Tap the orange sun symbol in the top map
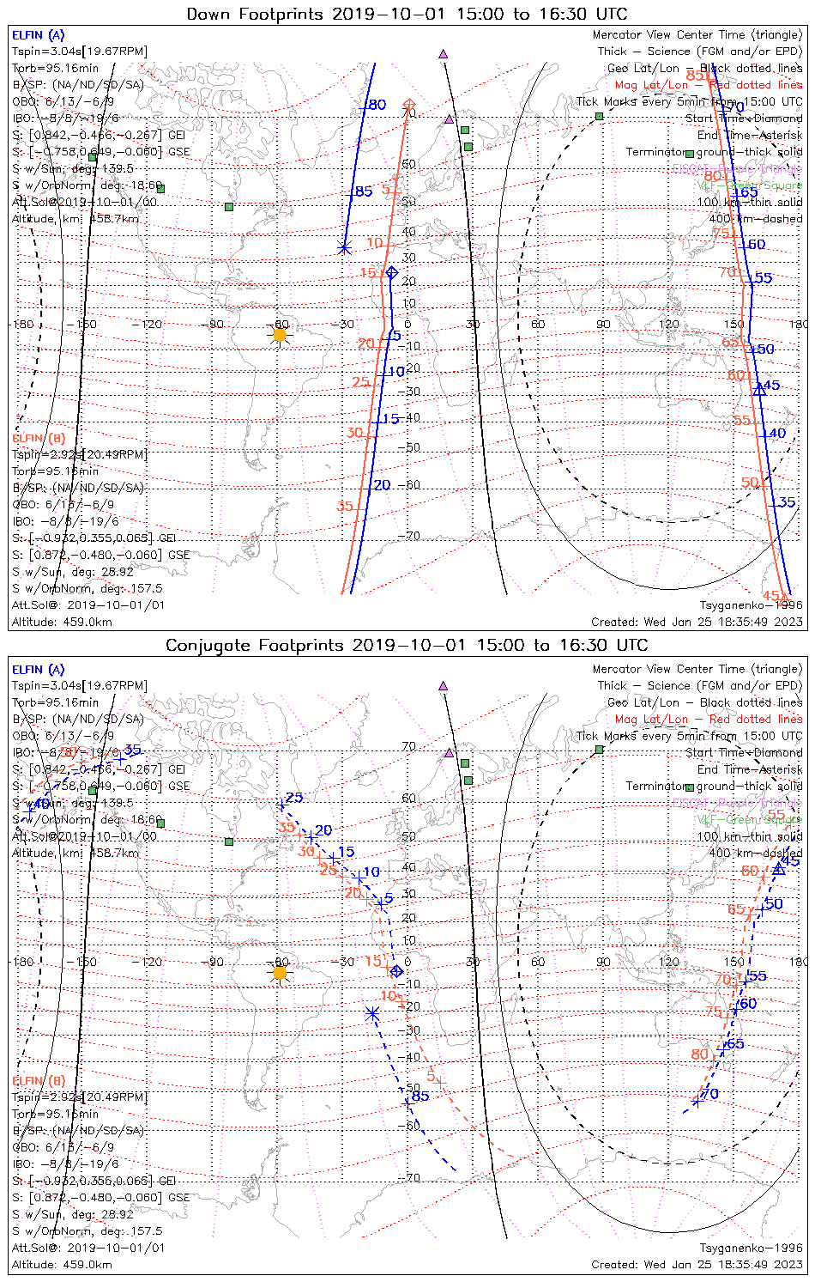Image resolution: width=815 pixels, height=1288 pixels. pos(279,334)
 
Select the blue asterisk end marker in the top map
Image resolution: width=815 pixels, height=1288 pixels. pos(344,249)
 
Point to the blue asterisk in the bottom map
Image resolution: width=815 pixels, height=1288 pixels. pos(371,1013)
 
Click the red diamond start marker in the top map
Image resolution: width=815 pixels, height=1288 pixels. pos(409,105)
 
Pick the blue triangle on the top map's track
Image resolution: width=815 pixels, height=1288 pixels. pos(758,388)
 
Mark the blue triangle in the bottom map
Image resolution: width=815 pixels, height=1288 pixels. pos(778,869)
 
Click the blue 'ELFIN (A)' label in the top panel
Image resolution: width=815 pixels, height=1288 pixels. pos(38,35)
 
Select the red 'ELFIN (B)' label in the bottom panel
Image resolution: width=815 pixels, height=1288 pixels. pos(38,1080)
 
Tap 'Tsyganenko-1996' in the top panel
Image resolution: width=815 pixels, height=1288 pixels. pos(751,605)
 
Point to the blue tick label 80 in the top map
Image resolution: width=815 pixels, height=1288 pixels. pos(377,105)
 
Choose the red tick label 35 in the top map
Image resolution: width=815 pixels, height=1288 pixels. pos(344,506)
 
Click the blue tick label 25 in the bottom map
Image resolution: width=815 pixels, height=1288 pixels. pos(294,799)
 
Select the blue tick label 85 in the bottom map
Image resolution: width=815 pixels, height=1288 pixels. pos(420,1096)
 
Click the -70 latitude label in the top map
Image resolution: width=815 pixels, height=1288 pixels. pos(412,536)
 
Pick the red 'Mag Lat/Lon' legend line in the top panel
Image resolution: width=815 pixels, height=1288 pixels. pos(708,85)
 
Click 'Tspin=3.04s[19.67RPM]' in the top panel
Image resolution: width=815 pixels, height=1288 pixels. pos(79,52)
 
